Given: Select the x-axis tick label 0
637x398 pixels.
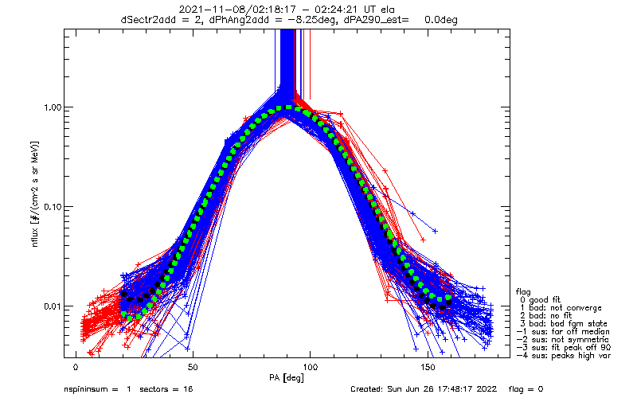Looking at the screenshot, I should [76, 368].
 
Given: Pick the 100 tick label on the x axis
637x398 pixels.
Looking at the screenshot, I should [310, 368].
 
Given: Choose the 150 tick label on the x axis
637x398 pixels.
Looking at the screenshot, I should [427, 368].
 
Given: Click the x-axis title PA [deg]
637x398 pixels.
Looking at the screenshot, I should [310, 377].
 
